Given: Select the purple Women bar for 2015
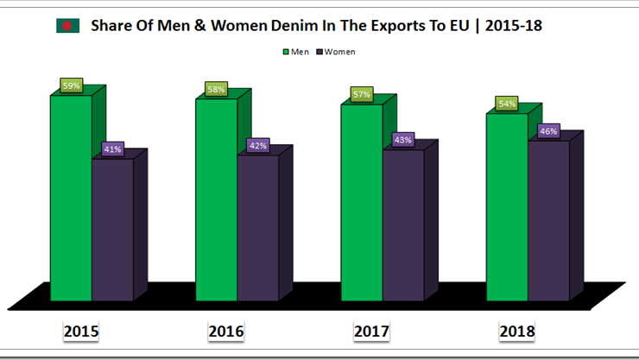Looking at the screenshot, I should [112, 229].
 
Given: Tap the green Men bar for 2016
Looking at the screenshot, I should [216, 199].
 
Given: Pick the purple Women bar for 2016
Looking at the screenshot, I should [258, 228].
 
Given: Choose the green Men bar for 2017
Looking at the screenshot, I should [361, 202].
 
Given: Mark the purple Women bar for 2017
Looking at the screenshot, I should [403, 225].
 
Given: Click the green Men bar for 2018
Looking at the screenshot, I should [507, 206].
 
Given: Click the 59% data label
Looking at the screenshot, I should [71, 85].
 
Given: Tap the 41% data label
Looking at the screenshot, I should [112, 148].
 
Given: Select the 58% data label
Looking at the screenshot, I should [217, 89].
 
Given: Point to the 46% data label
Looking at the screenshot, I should [548, 131].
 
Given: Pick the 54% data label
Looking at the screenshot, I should [507, 104].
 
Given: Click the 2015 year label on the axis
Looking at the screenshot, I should [81, 332].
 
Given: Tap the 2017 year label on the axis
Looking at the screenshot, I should [372, 332].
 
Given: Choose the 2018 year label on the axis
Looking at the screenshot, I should [517, 332].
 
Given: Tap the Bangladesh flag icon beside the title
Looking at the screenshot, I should [66, 26].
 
